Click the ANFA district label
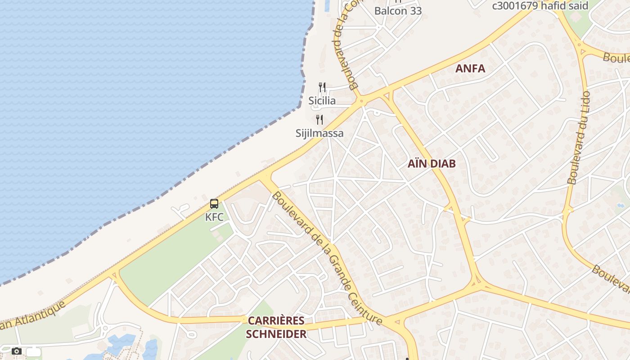click(470, 68)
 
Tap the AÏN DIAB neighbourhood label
click(432, 163)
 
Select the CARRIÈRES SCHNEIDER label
click(276, 327)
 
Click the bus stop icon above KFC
click(214, 204)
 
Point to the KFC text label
click(214, 217)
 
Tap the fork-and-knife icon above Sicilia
click(322, 87)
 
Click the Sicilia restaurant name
click(322, 100)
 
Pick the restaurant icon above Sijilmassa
click(319, 119)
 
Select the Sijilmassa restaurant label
click(319, 133)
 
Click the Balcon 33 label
click(398, 11)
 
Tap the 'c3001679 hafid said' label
click(540, 6)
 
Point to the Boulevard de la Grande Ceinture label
click(327, 258)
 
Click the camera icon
click(17, 351)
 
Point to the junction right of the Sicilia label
click(361, 101)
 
